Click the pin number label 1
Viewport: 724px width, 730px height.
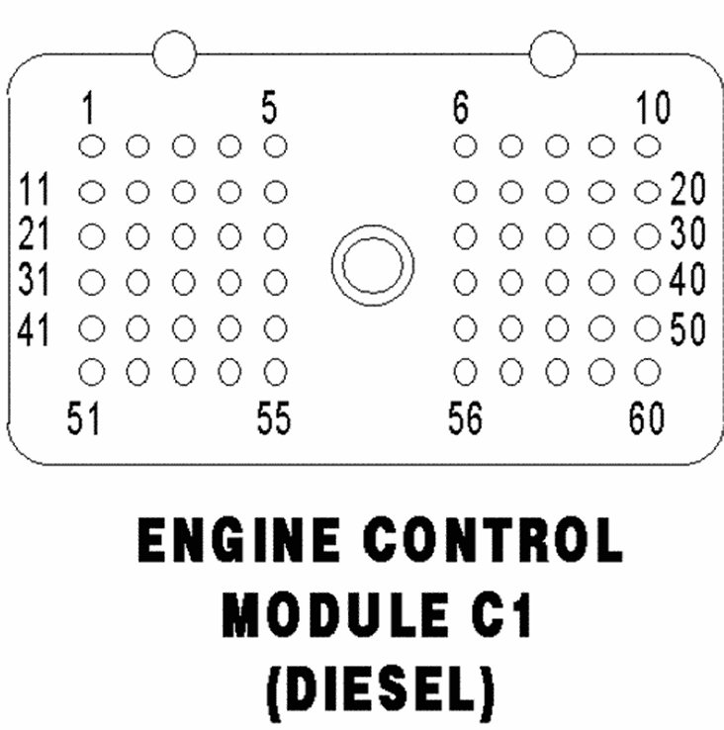point(89,107)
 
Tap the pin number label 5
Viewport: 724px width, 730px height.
point(269,107)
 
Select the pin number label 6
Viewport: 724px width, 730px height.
point(461,107)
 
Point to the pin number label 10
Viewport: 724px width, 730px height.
point(653,107)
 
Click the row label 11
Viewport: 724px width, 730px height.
point(37,188)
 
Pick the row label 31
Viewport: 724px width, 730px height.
point(38,281)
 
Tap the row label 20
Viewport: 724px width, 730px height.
point(687,188)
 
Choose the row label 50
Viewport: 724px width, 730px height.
point(687,328)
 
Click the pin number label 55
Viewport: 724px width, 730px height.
point(274,419)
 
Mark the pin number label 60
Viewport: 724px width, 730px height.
point(647,419)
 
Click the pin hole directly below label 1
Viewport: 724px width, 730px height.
point(91,145)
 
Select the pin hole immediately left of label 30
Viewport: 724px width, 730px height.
point(647,236)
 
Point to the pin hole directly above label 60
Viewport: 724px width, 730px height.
point(647,372)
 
